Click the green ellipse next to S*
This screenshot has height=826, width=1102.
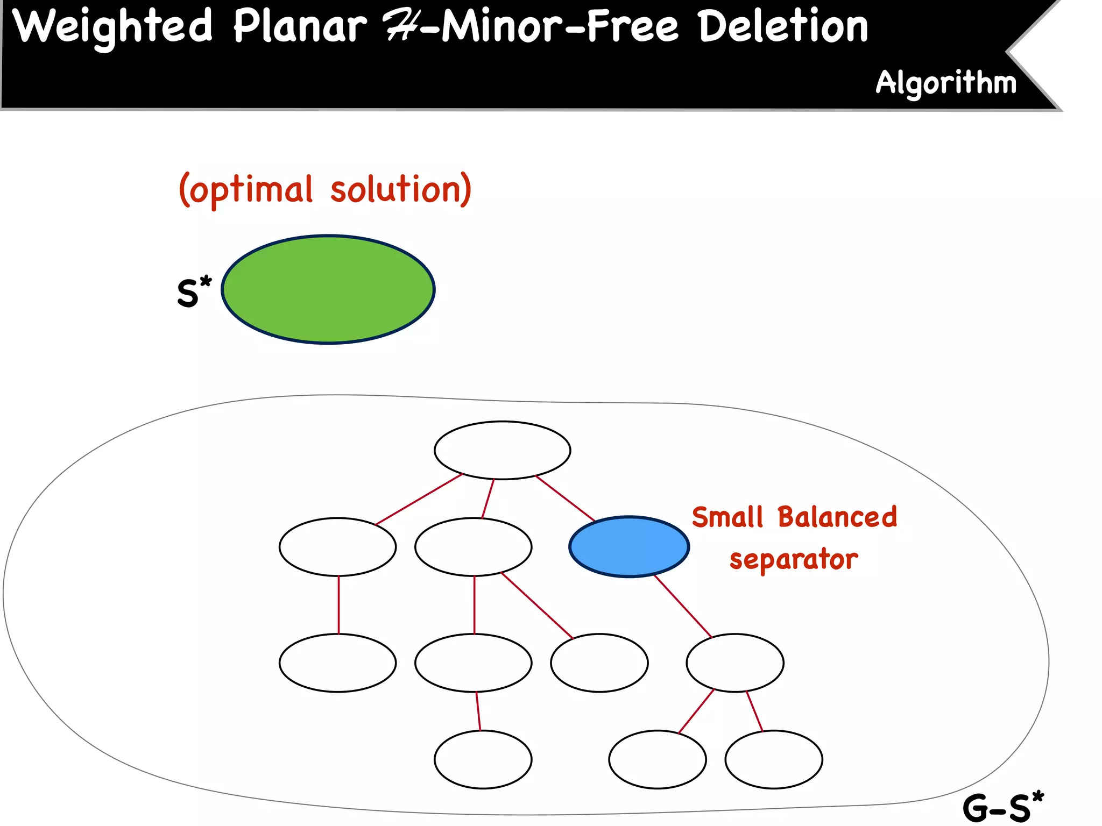328,289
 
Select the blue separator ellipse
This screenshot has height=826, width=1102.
629,547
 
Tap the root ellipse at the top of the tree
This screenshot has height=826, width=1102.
502,450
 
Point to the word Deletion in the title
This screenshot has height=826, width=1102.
783,27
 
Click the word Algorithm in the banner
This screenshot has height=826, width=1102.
946,83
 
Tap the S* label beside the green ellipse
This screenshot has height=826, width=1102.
193,293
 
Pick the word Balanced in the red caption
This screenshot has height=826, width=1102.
837,517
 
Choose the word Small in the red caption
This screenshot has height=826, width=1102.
727,517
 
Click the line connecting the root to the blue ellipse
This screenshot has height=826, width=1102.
565,499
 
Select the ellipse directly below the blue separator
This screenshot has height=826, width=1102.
734,663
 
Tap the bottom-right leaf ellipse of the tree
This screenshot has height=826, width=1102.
773,759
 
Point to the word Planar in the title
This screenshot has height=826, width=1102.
300,27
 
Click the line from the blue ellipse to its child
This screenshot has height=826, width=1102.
683,606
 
